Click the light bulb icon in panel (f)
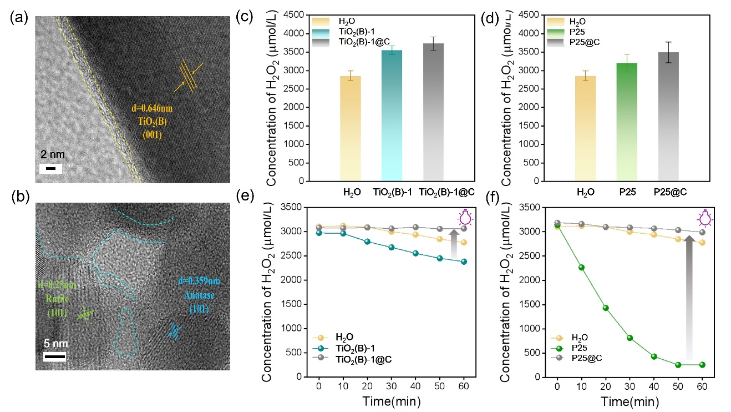pos(705,218)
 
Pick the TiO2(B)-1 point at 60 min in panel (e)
pos(464,262)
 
